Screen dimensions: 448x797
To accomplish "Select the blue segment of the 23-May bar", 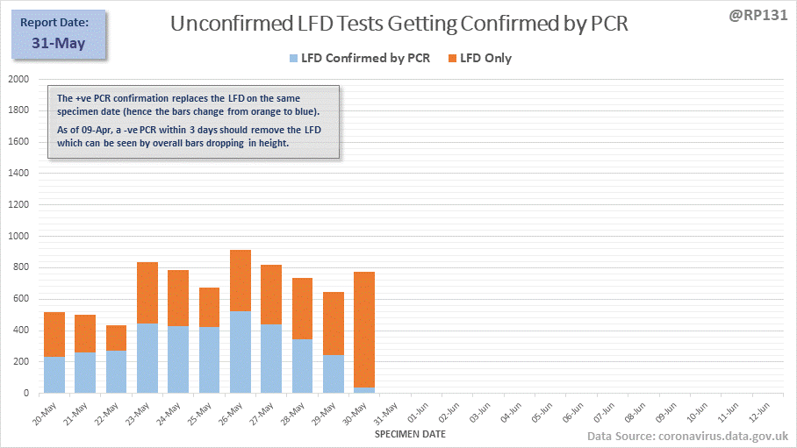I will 147,358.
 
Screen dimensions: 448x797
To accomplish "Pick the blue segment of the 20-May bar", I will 54,374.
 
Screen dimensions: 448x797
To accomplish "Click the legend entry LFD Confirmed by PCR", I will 359,59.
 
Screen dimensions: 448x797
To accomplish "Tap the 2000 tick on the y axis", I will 18,79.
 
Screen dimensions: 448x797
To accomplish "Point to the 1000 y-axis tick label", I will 18,236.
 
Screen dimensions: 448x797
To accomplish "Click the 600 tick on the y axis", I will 21,299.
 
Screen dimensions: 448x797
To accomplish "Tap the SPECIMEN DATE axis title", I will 410,434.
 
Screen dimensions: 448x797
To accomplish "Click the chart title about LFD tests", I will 399,25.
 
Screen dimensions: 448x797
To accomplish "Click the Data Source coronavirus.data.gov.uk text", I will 687,436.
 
